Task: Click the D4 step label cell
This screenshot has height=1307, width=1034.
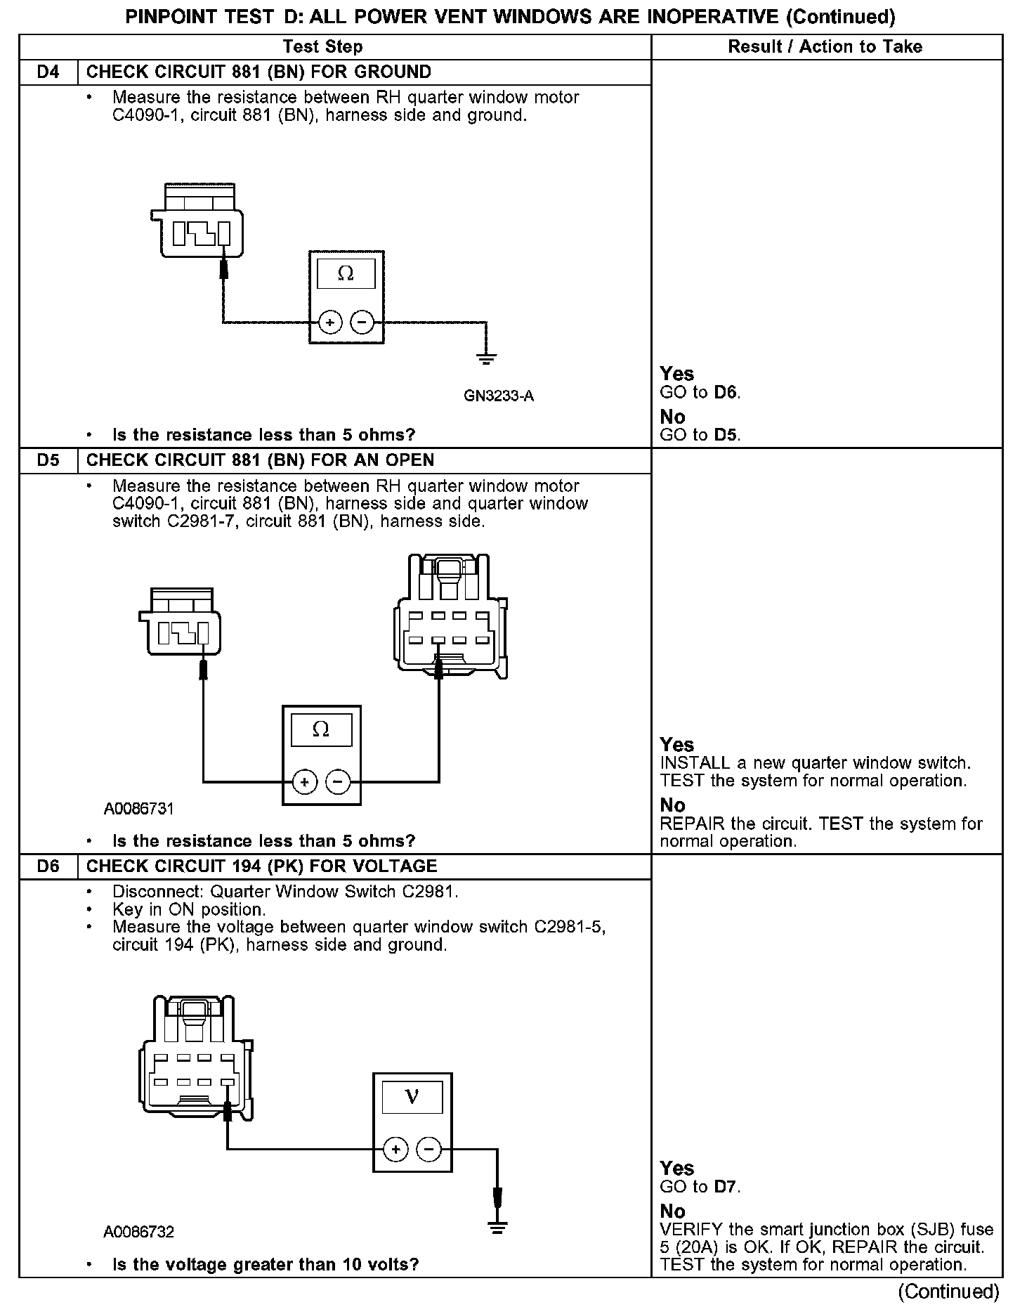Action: point(48,72)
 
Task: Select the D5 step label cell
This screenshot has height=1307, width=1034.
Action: point(48,460)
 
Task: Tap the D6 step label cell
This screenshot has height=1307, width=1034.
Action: point(48,866)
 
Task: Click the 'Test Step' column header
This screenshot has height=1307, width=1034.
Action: point(322,47)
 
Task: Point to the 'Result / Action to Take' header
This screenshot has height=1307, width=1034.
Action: point(825,47)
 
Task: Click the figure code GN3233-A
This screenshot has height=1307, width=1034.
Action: point(499,396)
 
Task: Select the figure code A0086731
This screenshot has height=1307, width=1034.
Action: point(139,809)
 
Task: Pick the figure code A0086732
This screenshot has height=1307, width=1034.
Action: point(139,1232)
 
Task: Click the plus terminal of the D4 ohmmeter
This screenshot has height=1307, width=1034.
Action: point(330,323)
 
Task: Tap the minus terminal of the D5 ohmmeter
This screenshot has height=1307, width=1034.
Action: point(339,781)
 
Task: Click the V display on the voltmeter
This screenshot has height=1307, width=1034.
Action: point(412,1097)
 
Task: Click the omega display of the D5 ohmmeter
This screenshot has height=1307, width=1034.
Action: point(321,729)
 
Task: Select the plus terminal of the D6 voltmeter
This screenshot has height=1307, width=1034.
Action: point(396,1150)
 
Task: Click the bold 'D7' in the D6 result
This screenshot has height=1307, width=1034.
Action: point(726,1187)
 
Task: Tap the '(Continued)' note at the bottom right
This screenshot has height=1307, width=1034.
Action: point(948,1292)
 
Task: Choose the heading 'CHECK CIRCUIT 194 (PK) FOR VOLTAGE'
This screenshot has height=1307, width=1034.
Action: point(262,866)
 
